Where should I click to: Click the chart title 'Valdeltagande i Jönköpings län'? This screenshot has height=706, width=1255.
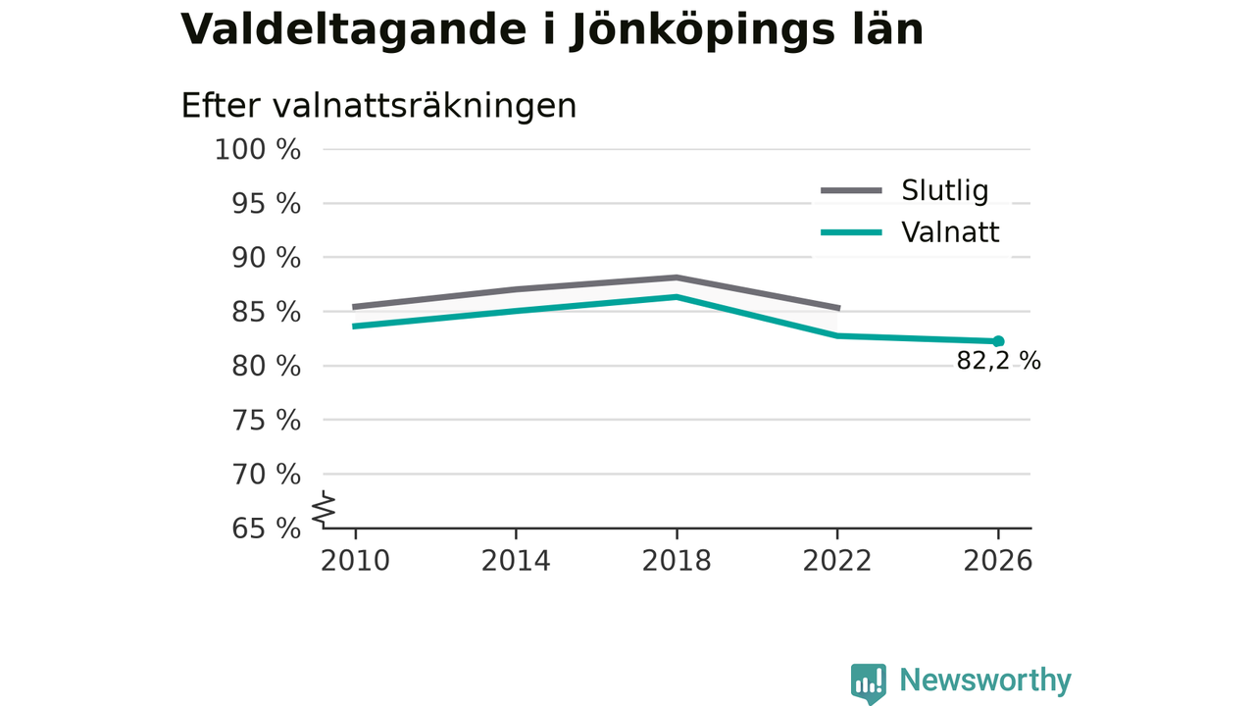click(552, 30)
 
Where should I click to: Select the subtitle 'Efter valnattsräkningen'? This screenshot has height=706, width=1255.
click(378, 106)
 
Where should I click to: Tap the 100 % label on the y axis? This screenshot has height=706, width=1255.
click(258, 150)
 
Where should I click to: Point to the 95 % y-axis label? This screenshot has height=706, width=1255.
click(266, 204)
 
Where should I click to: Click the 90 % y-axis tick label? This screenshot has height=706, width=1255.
click(266, 258)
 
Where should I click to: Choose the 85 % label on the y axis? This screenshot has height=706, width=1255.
click(266, 312)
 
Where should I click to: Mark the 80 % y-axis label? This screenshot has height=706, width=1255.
click(266, 367)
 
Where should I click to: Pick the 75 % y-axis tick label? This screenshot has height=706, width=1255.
click(266, 421)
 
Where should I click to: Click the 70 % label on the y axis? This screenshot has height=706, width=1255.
click(266, 475)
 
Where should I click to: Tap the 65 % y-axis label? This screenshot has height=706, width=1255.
click(266, 529)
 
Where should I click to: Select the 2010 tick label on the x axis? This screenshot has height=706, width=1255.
click(355, 561)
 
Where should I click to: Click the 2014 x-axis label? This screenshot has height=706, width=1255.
click(516, 561)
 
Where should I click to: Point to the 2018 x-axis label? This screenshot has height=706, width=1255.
click(677, 561)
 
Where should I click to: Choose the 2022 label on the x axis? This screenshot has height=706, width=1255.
click(837, 561)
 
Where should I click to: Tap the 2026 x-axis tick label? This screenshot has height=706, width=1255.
click(998, 561)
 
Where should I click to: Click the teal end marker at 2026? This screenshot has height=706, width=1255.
click(998, 341)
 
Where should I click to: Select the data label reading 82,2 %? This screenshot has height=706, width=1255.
click(998, 361)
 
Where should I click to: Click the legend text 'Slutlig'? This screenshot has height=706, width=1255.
click(944, 190)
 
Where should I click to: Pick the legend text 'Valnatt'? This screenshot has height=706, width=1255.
click(950, 232)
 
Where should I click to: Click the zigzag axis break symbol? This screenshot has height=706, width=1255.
click(324, 509)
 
